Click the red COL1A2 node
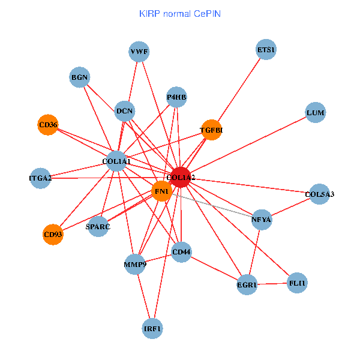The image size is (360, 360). (181, 178)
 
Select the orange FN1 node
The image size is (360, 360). (161, 191)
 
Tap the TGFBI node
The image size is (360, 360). (211, 130)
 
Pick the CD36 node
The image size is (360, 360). (48, 125)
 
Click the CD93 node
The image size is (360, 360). (53, 235)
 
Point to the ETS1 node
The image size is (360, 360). (266, 50)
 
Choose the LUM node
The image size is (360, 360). (315, 113)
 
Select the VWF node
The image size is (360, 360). (139, 52)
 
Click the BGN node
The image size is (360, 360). (80, 77)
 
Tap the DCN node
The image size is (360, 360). (125, 110)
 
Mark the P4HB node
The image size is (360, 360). (177, 97)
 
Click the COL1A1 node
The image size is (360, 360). (116, 161)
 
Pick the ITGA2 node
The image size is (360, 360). (41, 178)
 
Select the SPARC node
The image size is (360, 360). (98, 227)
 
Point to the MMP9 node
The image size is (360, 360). (135, 264)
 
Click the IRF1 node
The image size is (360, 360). (152, 329)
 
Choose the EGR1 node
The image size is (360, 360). (247, 285)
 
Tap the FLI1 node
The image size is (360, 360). (297, 283)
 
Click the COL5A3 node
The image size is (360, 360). (319, 194)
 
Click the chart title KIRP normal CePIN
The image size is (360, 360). (180, 13)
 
